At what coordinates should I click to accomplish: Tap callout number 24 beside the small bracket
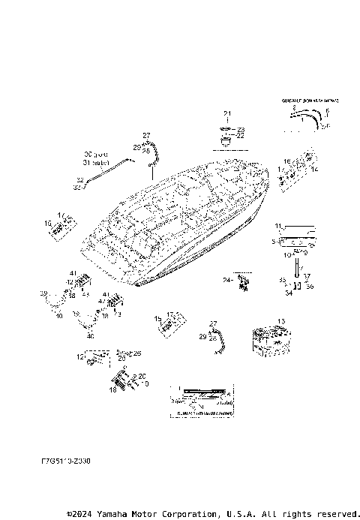click(226, 280)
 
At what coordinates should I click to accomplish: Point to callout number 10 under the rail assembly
click(286, 255)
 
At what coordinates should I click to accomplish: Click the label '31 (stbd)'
click(97, 162)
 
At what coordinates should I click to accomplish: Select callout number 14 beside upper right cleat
click(315, 170)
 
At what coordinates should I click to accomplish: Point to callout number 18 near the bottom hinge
click(113, 390)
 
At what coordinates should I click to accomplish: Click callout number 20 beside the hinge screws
click(142, 376)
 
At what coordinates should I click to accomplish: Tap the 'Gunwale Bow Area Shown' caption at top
click(310, 99)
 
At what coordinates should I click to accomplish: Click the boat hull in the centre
click(180, 225)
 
